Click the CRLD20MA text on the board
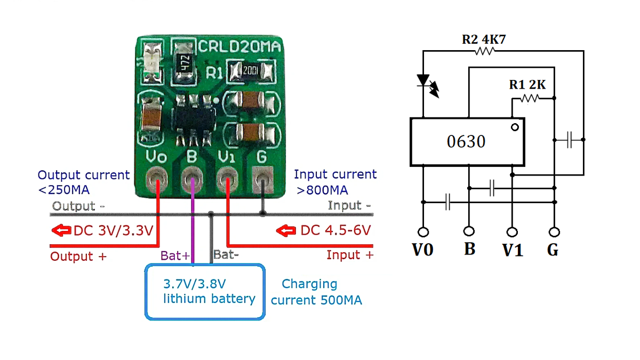pyautogui.click(x=239, y=47)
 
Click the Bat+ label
pyautogui.click(x=175, y=256)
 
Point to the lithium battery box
pyautogui.click(x=205, y=292)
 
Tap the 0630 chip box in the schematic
pyautogui.click(x=467, y=142)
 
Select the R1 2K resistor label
pyautogui.click(x=527, y=85)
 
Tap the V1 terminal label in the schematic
pyautogui.click(x=513, y=250)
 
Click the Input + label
pyautogui.click(x=350, y=255)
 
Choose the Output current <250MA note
pyautogui.click(x=83, y=182)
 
